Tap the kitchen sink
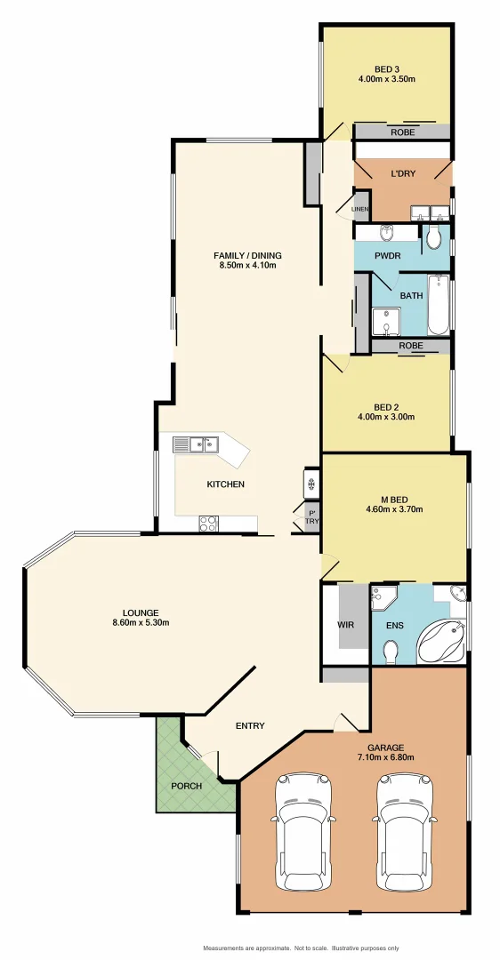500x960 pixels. point(197,444)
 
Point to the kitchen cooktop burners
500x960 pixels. point(208,524)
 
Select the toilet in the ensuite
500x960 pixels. point(391,652)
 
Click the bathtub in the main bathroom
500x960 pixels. point(440,306)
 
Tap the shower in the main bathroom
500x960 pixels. point(385,322)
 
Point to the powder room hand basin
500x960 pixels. point(388,234)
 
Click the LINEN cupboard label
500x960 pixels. point(359,210)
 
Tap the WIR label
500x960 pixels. point(346,625)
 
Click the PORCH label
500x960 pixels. point(187,786)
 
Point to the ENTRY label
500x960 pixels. point(250,725)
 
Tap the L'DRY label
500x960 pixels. point(403,174)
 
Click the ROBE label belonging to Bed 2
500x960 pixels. point(410,345)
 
